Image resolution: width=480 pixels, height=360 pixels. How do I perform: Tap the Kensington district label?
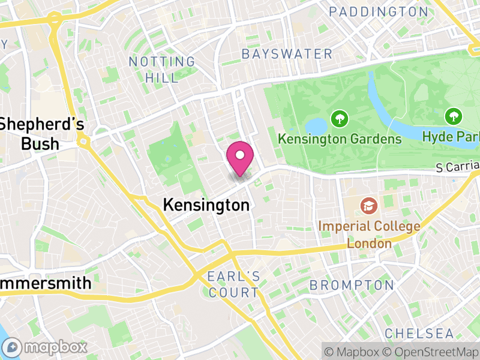point(206,205)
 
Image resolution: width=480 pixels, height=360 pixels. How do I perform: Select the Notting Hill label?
point(162,70)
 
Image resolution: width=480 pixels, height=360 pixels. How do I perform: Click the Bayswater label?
point(287,54)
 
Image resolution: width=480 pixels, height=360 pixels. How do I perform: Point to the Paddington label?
point(379,12)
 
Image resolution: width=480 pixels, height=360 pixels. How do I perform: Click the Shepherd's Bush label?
point(41,134)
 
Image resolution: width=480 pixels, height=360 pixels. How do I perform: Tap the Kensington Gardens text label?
point(340,139)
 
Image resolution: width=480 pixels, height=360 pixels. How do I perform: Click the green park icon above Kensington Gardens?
point(340,118)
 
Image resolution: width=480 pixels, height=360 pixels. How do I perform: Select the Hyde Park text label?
point(451,137)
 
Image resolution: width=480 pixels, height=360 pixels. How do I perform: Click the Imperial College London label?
point(369,235)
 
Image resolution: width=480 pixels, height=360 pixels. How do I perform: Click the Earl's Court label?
point(233,285)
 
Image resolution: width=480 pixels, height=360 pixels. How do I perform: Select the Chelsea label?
point(419,333)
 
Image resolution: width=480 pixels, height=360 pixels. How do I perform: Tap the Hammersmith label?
point(46,283)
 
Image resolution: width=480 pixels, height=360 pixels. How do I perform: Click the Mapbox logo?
point(46,347)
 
